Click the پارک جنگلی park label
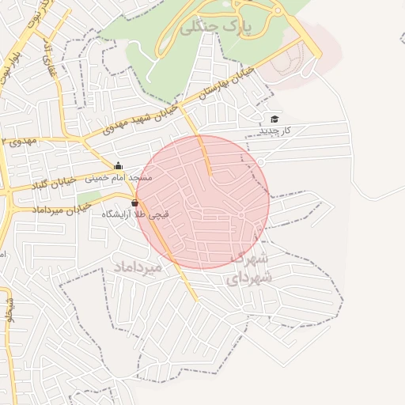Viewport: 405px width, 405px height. [x=214, y=27]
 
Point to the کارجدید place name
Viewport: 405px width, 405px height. [x=275, y=129]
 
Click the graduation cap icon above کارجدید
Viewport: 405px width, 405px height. [x=274, y=119]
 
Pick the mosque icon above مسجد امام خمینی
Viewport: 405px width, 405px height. [x=119, y=166]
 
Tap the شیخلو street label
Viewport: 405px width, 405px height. [x=9, y=310]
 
